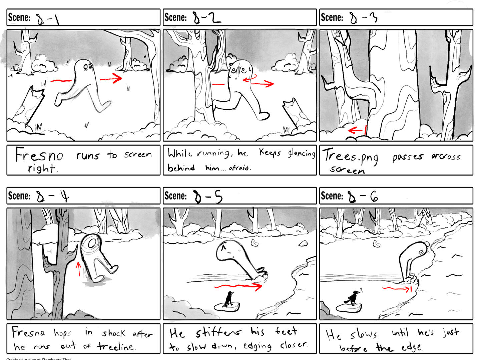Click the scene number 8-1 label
tap(48, 19)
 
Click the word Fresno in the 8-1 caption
tap(39, 155)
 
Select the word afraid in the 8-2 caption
tap(239, 168)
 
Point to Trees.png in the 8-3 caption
tap(350, 157)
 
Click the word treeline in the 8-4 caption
tap(116, 347)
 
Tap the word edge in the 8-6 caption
tap(412, 348)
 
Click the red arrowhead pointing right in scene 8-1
tap(117, 79)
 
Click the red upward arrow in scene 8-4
tap(79, 269)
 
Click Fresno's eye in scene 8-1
tap(86, 68)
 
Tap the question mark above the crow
tap(361, 290)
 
